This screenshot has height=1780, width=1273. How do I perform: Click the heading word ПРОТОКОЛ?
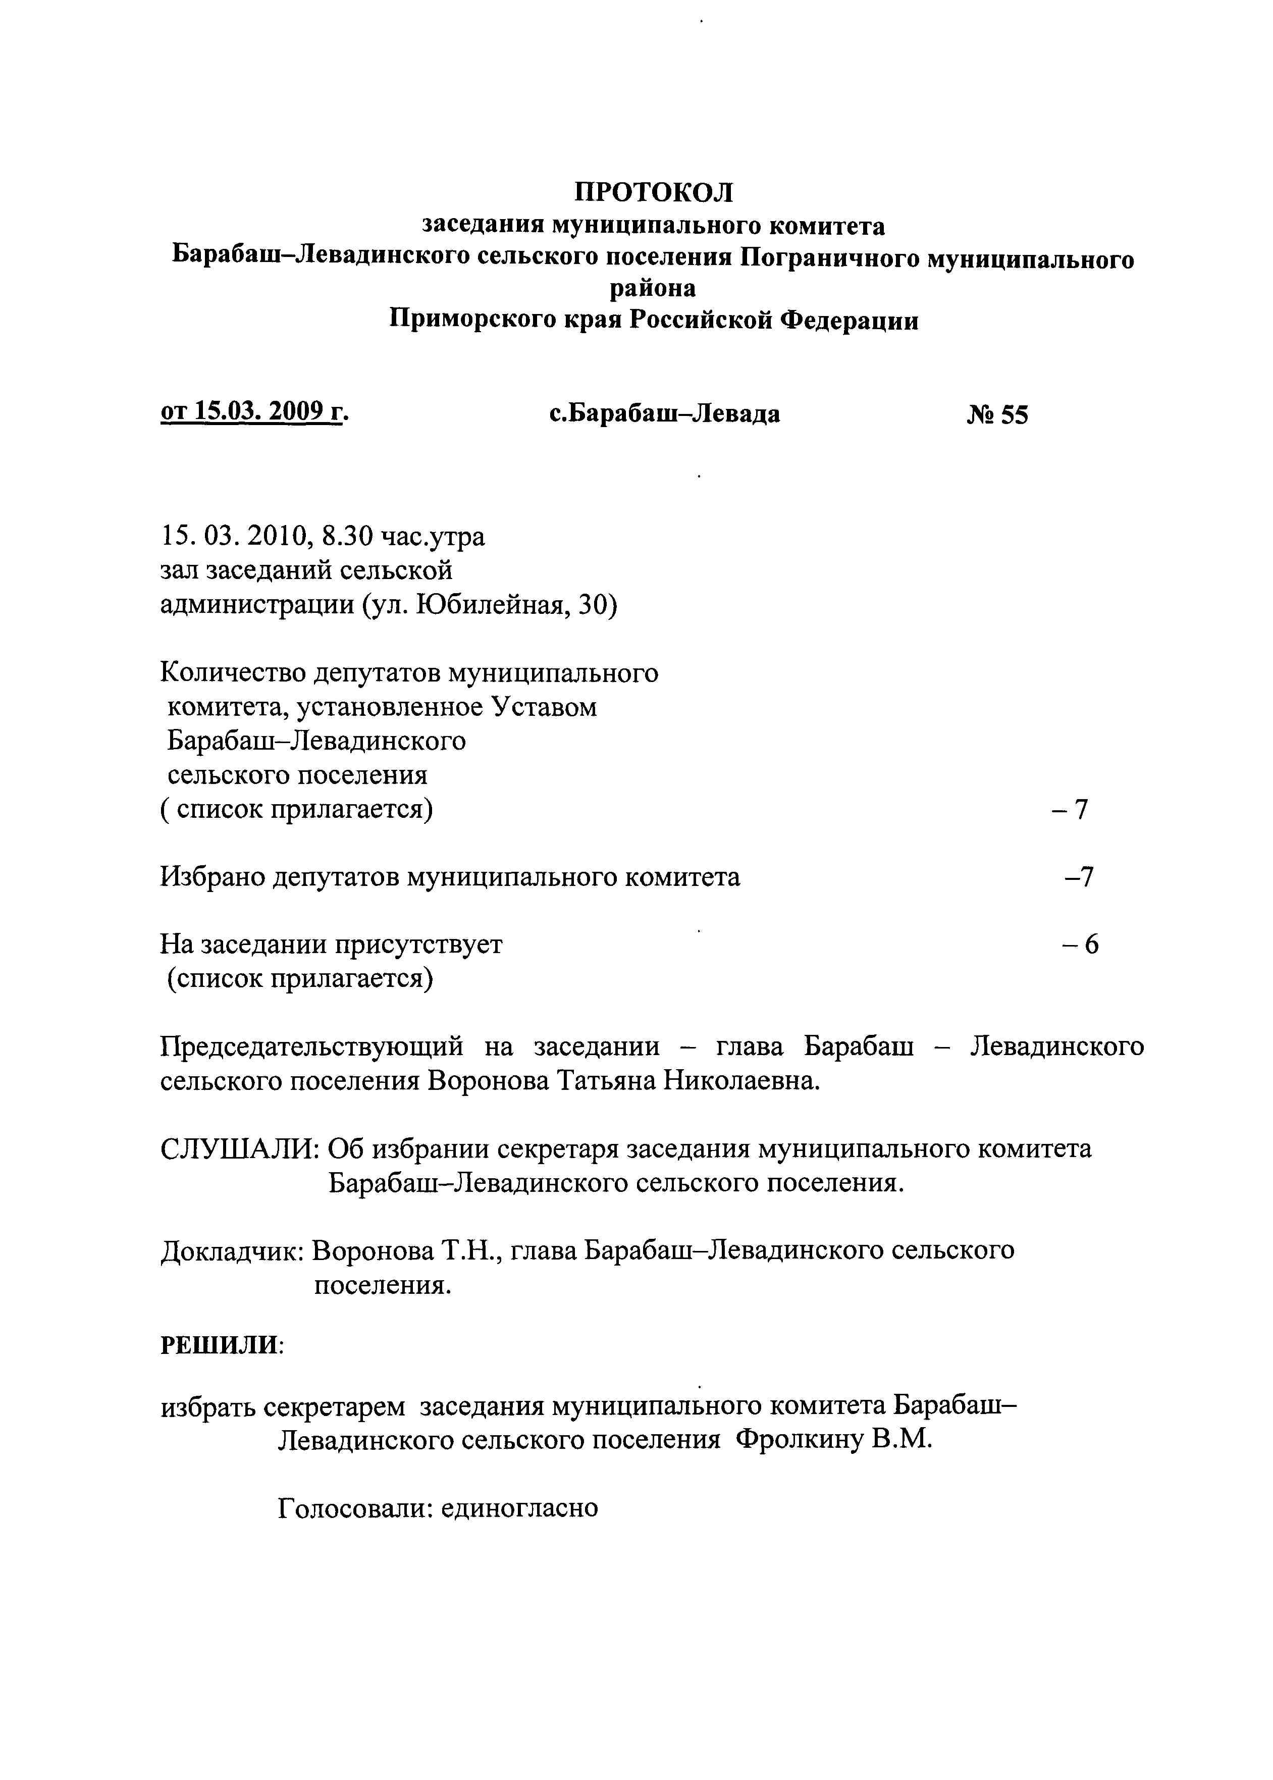[x=654, y=192]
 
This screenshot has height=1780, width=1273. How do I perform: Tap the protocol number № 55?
[x=997, y=414]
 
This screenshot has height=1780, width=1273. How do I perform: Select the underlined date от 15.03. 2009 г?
[x=254, y=411]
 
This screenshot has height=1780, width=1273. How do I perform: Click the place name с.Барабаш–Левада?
[x=665, y=414]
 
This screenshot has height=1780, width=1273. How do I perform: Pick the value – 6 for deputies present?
[x=1080, y=945]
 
